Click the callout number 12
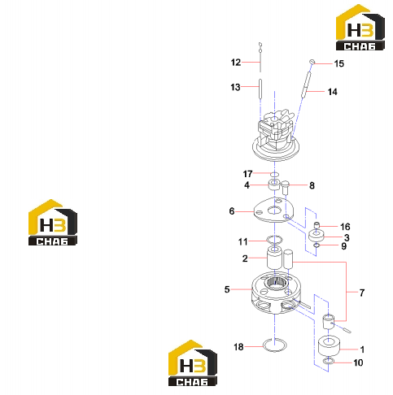pos(236,63)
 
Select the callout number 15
pos(338,63)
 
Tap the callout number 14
pos(332,92)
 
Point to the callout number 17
pos(247,174)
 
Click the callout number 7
pos(362,293)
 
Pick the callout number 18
pos(238,347)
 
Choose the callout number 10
pos(358,362)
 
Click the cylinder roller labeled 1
pos(329,345)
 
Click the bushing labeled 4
pos(274,184)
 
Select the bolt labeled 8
pos(286,188)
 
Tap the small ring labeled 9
pos(317,245)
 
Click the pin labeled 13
pos(260,89)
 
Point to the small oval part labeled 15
pos(312,62)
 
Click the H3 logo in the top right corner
pos(360,28)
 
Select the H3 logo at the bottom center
pos(193,363)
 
